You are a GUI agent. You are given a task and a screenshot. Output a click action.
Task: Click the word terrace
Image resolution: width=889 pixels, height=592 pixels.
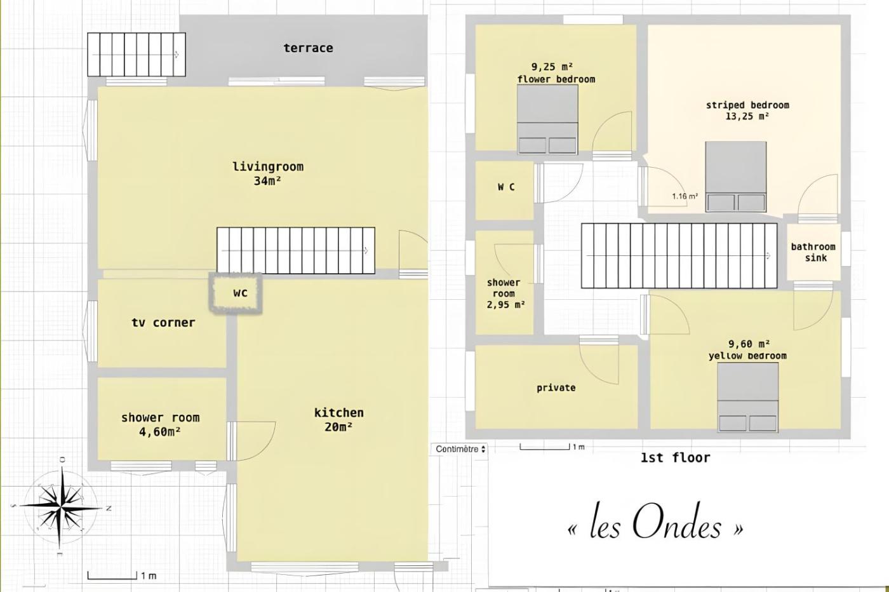pyautogui.click(x=309, y=48)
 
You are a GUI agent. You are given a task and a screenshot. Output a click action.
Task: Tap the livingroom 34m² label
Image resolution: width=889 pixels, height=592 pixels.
pyautogui.click(x=268, y=173)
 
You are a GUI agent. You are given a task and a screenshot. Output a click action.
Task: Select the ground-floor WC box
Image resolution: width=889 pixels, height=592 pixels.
pyautogui.click(x=236, y=293)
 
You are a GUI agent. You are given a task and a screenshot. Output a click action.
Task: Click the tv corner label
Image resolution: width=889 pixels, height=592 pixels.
pyautogui.click(x=163, y=323)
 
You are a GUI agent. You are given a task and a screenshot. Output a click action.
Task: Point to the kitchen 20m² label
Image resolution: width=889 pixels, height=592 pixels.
pyautogui.click(x=339, y=420)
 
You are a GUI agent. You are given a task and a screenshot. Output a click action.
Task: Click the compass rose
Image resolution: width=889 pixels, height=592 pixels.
pyautogui.click(x=60, y=507)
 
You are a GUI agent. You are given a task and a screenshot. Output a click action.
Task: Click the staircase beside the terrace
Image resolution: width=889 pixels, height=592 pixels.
pyautogui.click(x=137, y=55)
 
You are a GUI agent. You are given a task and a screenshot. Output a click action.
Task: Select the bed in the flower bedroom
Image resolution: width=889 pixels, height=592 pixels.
pyautogui.click(x=547, y=119)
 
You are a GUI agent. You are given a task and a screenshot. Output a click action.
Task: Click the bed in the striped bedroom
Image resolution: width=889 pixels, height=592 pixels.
pyautogui.click(x=736, y=177)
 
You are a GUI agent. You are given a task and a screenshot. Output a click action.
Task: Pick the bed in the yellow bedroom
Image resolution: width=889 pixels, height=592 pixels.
pyautogui.click(x=748, y=397)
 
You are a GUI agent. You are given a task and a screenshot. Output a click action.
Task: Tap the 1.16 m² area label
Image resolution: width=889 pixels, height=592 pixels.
pyautogui.click(x=685, y=196)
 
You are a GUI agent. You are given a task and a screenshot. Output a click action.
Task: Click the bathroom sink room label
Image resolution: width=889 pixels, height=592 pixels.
pyautogui.click(x=813, y=252)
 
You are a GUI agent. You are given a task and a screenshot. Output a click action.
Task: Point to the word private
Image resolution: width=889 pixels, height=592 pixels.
pyautogui.click(x=556, y=388)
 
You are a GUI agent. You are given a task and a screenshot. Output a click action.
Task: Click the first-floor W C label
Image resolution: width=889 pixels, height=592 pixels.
pyautogui.click(x=507, y=187)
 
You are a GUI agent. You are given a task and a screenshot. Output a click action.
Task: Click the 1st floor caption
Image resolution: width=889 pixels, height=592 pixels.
pyautogui.click(x=676, y=458)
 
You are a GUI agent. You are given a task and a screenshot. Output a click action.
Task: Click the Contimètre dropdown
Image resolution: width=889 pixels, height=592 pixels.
pyautogui.click(x=460, y=449)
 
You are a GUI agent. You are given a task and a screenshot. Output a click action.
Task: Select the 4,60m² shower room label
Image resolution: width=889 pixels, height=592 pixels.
pyautogui.click(x=160, y=424)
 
